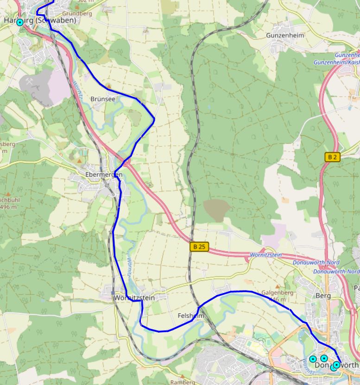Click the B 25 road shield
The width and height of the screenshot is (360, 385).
tap(199, 247)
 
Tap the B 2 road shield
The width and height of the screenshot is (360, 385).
tap(332, 157)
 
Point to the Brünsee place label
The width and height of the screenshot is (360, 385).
tap(103, 99)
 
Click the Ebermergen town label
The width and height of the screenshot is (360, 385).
tap(104, 174)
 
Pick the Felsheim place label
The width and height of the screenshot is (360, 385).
tap(191, 316)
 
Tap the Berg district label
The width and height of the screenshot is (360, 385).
tap(322, 296)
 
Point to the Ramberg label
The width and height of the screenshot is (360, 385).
tap(183, 382)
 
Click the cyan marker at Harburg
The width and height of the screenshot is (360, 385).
tap(20, 22)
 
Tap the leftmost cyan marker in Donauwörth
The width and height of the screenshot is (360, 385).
tap(313, 359)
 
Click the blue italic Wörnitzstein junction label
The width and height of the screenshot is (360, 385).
tap(265, 255)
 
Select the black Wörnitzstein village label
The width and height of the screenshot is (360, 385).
tap(133, 298)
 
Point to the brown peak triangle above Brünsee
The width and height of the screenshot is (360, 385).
tap(108, 86)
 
